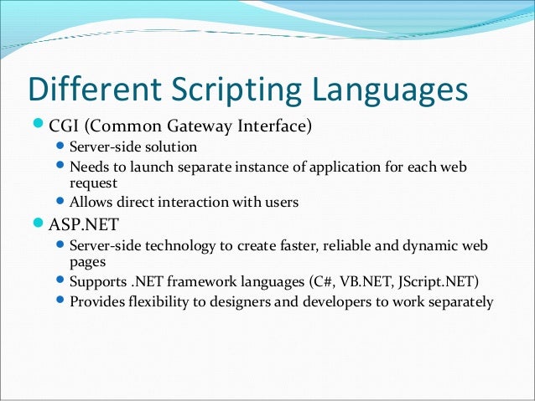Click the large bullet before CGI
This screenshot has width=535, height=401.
pyautogui.click(x=39, y=126)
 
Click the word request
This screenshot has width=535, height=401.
pyautogui.click(x=93, y=183)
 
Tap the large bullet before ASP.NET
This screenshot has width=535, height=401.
pyautogui.click(x=39, y=224)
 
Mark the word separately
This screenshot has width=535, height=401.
pyautogui.click(x=460, y=301)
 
